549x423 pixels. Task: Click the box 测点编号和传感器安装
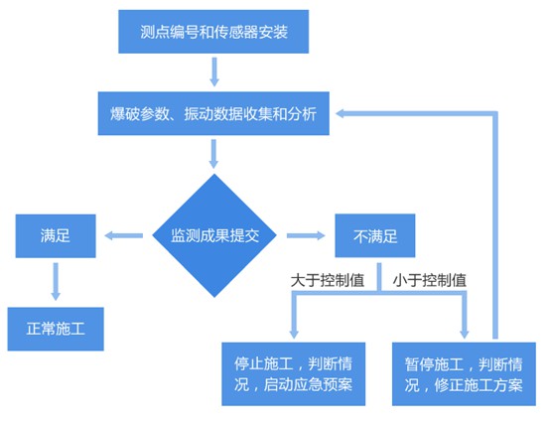(213, 33)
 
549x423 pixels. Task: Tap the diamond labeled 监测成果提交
(213, 235)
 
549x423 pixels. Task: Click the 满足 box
(55, 236)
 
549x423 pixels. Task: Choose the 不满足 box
(374, 236)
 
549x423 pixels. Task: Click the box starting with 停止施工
(294, 372)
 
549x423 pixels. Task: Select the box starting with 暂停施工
(464, 372)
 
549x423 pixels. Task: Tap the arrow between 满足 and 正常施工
(56, 280)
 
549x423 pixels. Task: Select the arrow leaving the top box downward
(213, 70)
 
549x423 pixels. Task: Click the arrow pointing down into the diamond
(213, 153)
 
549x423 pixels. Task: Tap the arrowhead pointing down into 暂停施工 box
(464, 332)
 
